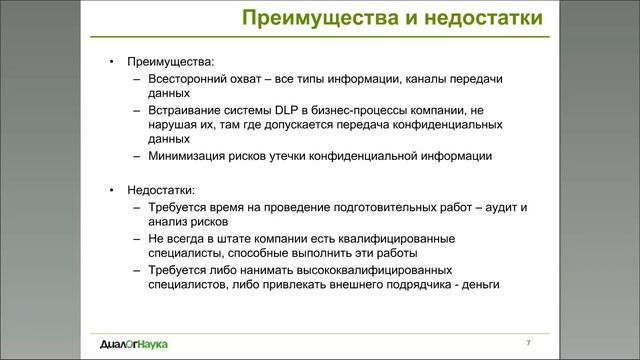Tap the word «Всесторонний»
[186, 77]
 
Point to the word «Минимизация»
[187, 156]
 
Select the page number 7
[528, 344]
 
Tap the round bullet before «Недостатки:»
[112, 188]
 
